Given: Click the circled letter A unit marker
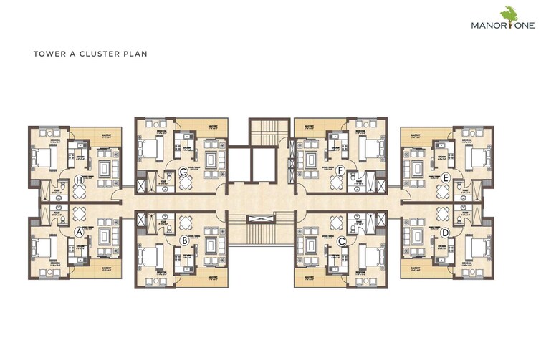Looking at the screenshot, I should (78, 230).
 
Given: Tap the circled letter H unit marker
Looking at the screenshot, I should (78, 179).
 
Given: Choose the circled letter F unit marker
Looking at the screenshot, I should (341, 170).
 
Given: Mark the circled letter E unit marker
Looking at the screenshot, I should (446, 179).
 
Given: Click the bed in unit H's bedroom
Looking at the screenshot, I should (44, 157).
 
